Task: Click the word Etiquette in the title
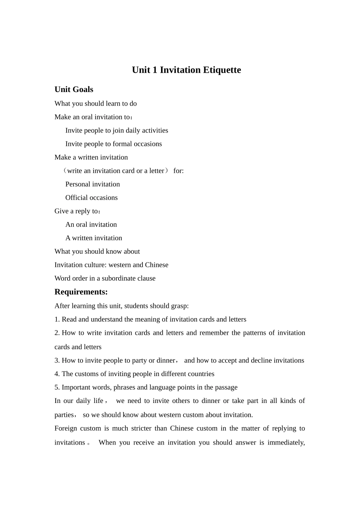222,70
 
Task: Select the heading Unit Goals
74,89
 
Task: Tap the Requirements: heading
81,292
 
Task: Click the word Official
77,198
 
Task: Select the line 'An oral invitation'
91,225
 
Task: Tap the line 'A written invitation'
94,238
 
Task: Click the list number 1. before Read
57,319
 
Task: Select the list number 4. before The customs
57,374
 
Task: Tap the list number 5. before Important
57,387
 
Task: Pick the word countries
201,374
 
